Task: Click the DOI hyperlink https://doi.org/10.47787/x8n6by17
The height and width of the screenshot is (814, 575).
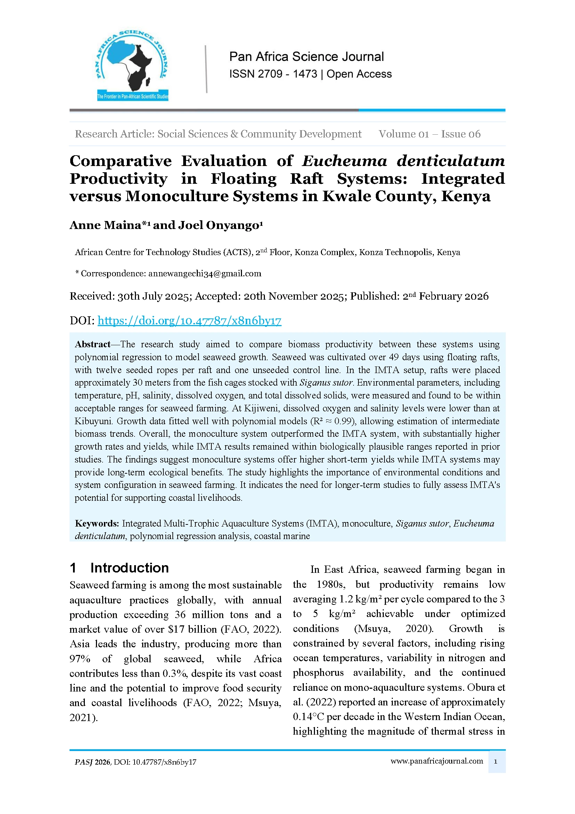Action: [189, 321]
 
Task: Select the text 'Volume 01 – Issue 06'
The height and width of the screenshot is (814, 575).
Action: [429, 134]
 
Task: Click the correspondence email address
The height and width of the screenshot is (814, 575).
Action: [205, 273]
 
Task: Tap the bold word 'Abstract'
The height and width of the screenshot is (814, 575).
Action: [92, 344]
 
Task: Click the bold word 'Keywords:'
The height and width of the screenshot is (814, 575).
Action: [97, 523]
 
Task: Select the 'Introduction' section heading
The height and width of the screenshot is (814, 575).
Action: [129, 568]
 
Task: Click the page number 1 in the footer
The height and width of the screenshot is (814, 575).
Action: [496, 761]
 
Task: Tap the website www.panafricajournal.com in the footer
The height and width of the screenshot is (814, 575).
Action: [437, 761]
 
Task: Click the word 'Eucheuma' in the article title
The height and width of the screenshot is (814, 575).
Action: [344, 161]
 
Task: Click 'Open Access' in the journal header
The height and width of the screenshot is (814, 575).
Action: [359, 74]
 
